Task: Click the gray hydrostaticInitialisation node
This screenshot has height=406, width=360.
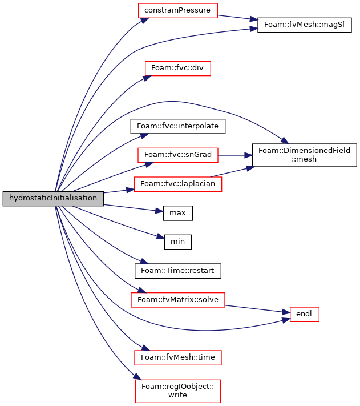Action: (x=53, y=199)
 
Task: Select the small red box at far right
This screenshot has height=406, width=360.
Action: (x=305, y=315)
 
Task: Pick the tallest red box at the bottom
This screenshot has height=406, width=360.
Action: (x=178, y=391)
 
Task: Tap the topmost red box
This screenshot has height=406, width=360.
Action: (x=178, y=11)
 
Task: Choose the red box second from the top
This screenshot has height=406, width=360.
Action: (x=178, y=69)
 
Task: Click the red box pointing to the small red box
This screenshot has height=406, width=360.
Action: (x=178, y=300)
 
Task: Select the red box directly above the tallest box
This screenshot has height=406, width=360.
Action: (x=178, y=358)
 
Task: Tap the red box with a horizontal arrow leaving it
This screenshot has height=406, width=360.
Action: (x=178, y=155)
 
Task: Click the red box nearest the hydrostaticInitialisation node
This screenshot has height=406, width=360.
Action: (x=178, y=184)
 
